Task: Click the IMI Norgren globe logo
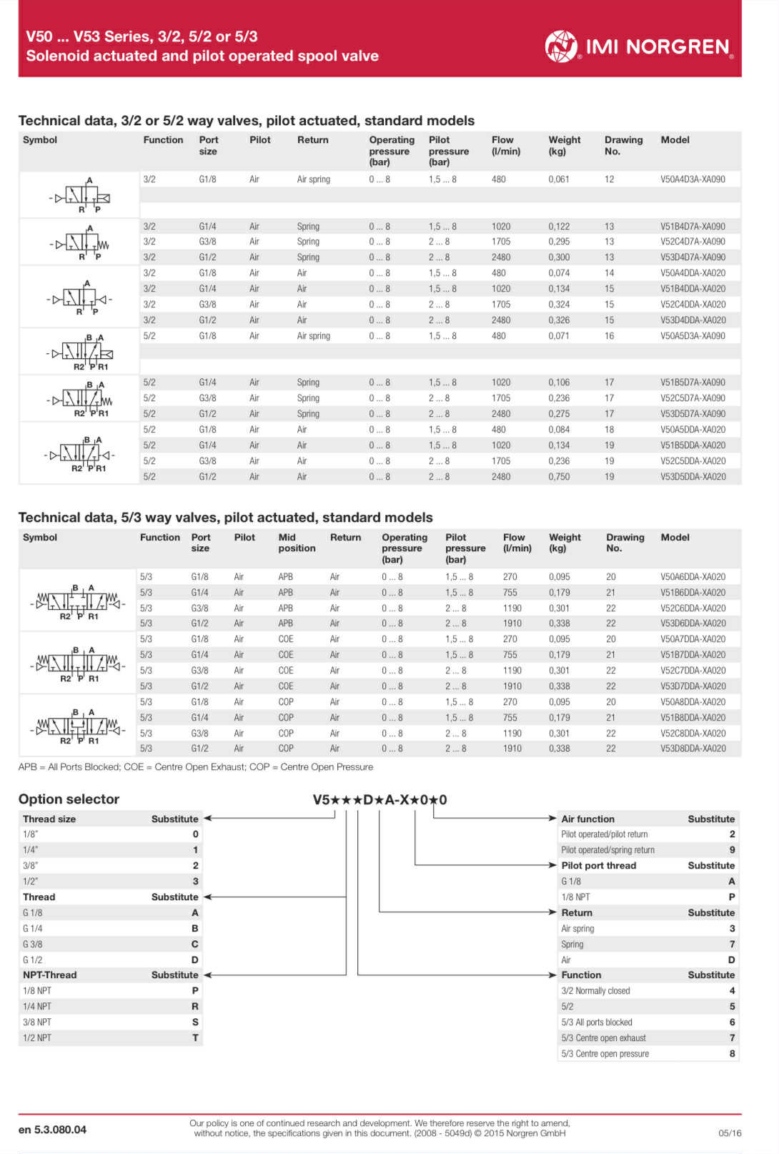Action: point(561,46)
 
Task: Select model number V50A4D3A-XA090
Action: point(692,179)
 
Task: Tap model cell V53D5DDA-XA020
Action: point(692,477)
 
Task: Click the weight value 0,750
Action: point(559,477)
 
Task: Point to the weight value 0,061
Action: point(559,179)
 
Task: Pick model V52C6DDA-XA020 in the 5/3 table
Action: point(692,608)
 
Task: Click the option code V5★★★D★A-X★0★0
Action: point(379,799)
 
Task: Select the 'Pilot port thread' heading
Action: point(598,866)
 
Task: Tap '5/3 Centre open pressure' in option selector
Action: point(605,1054)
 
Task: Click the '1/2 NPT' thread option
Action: point(37,1038)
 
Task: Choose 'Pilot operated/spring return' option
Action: point(607,850)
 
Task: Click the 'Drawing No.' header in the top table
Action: point(623,146)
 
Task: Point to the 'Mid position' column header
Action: point(297,543)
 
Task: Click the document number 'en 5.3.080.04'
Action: point(52,1130)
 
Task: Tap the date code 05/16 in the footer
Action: point(730,1133)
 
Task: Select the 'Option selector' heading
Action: point(69,799)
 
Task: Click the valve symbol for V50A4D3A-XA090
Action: point(80,195)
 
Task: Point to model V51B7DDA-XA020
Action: point(692,655)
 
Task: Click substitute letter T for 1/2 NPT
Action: point(195,1038)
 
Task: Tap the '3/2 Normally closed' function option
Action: point(595,991)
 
